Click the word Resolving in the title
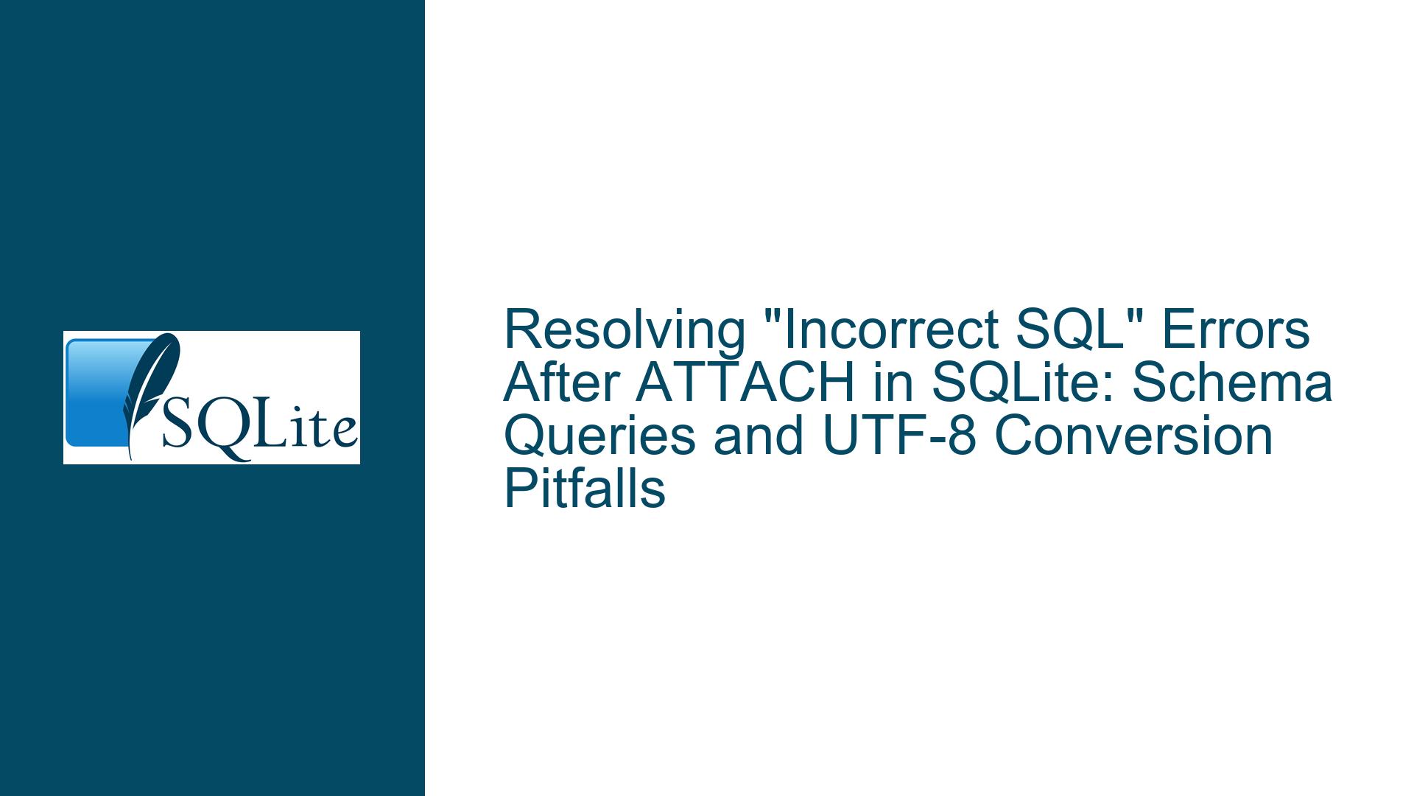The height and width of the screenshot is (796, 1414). (625, 330)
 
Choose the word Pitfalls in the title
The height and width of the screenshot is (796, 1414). (585, 489)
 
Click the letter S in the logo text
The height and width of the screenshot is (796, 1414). (177, 425)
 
